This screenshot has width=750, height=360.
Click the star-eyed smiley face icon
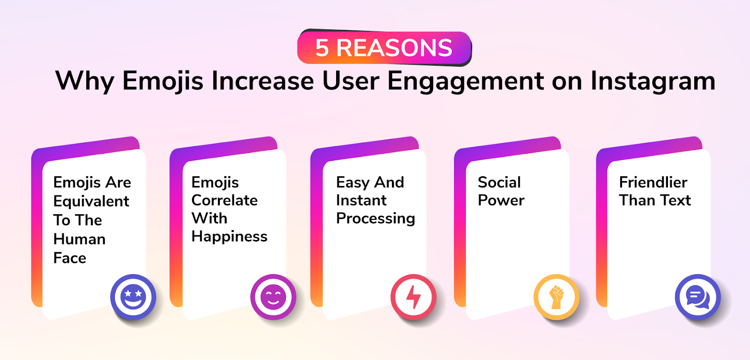pos(133,297)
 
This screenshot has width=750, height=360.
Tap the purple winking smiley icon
pos(273,297)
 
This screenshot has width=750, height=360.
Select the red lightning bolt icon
pos(413,297)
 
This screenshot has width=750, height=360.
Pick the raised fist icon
pos(556,297)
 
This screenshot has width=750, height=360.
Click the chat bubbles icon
pos(698,297)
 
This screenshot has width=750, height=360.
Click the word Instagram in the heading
pos(653,82)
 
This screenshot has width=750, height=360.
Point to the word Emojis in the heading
pos(163,82)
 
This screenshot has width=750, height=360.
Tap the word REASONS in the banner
pos(394,48)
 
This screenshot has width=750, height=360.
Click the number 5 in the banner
pos(322,48)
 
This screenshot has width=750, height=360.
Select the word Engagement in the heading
pos(466,82)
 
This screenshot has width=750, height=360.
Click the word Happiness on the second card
pos(229,237)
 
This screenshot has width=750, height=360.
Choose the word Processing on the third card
pos(375,219)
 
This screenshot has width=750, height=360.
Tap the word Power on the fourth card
pos(501,200)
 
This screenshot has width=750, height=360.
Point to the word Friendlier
pos(653,182)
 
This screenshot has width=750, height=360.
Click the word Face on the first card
pos(70,258)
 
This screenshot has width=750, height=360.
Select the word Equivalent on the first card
pos(91,202)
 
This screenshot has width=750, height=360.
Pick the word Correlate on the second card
pos(225,201)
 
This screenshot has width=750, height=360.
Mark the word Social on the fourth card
pos(499,182)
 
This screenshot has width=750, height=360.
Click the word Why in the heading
pos(85,82)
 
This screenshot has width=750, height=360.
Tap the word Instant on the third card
pos(361,201)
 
